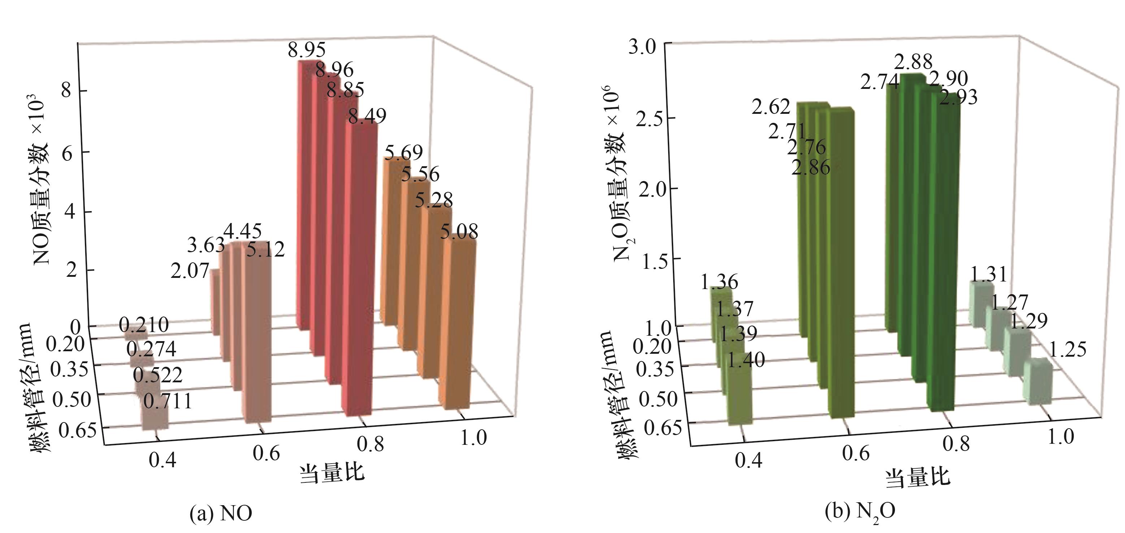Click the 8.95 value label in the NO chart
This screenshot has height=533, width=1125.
pos(307,50)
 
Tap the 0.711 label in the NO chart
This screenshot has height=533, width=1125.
pos(168,401)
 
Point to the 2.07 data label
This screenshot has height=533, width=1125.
pos(190,271)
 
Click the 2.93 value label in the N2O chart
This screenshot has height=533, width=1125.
pos(958,97)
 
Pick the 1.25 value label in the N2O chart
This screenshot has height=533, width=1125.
pos(1067,350)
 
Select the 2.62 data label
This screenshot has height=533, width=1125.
pos(771,107)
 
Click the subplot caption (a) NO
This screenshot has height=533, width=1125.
pos(221,513)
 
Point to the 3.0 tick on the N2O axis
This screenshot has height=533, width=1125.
pos(642,47)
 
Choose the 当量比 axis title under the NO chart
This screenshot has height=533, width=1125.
pos(332,473)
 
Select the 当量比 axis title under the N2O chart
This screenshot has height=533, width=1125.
pos(918,477)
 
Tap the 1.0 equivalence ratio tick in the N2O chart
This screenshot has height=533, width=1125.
pos(1061,437)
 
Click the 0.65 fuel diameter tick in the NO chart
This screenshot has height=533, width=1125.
pos(77,430)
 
